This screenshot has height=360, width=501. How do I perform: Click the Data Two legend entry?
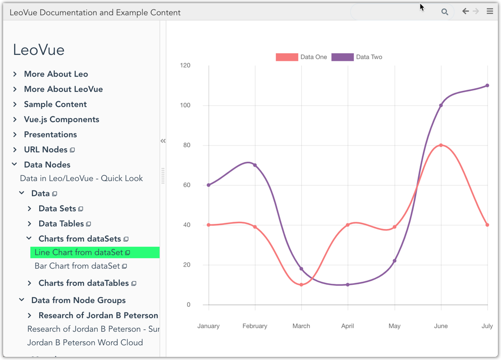pyautogui.click(x=357, y=57)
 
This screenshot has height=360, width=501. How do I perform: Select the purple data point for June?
pyautogui.click(x=441, y=105)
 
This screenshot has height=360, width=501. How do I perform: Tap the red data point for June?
pyautogui.click(x=441, y=145)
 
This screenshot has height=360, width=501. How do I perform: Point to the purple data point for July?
pyautogui.click(x=487, y=86)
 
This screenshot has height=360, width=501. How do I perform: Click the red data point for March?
pyautogui.click(x=301, y=285)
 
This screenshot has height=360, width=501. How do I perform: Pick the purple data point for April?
pyautogui.click(x=348, y=285)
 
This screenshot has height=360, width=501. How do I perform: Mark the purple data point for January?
pyautogui.click(x=209, y=185)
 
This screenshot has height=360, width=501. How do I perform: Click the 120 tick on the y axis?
pyautogui.click(x=185, y=65)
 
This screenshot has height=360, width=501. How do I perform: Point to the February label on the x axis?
pyautogui.click(x=255, y=326)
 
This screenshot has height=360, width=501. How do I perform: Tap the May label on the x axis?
pyautogui.click(x=395, y=326)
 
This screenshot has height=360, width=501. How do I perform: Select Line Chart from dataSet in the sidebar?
pyautogui.click(x=79, y=253)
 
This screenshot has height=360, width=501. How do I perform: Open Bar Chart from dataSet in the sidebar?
pyautogui.click(x=77, y=266)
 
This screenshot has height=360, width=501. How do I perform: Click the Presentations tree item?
pyautogui.click(x=50, y=135)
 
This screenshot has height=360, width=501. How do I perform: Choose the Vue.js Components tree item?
pyautogui.click(x=61, y=119)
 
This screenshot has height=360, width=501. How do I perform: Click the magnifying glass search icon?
pyautogui.click(x=445, y=12)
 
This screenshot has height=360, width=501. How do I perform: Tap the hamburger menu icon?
pyautogui.click(x=490, y=11)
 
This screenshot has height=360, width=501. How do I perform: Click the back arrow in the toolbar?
pyautogui.click(x=466, y=11)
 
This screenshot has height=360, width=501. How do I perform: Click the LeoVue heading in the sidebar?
pyautogui.click(x=39, y=50)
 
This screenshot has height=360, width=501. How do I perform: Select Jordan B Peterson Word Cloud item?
pyautogui.click(x=85, y=343)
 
